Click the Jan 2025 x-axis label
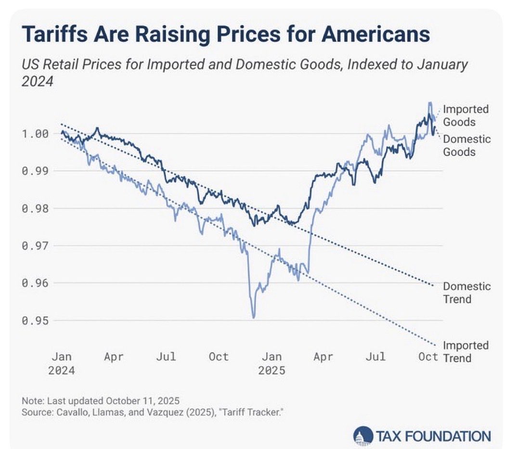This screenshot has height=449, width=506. click(272, 364)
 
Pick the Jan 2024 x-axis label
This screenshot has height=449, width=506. click(62, 364)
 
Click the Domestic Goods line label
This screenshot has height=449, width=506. click(465, 145)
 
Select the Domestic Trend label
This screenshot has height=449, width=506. click(466, 293)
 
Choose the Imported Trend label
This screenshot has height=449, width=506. click(465, 352)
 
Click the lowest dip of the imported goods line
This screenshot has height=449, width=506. click(253, 317)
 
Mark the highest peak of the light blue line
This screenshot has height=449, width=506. click(429, 103)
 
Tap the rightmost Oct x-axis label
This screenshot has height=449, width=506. click(428, 357)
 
